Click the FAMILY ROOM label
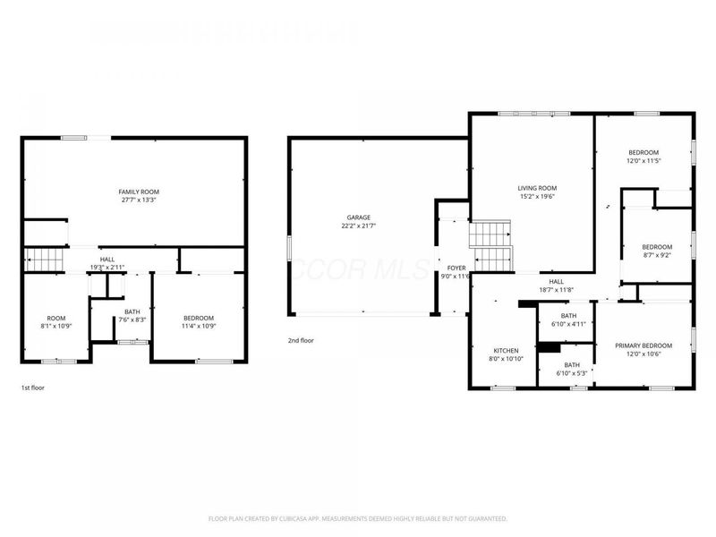click(x=132, y=192)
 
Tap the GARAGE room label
click(x=359, y=217)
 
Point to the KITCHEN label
click(x=507, y=350)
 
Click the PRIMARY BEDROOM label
click(x=643, y=345)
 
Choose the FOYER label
click(x=456, y=268)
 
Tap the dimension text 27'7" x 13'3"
click(x=132, y=200)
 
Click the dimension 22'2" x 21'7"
click(x=359, y=226)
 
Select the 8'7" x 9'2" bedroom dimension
click(x=656, y=255)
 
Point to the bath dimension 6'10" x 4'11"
click(x=568, y=324)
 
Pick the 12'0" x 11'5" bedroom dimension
click(x=643, y=161)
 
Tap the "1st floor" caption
click(x=33, y=388)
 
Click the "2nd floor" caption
click(x=301, y=340)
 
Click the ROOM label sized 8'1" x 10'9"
click(x=56, y=318)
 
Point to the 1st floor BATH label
click(x=132, y=311)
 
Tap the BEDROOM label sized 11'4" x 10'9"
click(x=199, y=318)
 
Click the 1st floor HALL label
click(x=107, y=260)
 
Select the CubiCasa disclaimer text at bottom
click(x=358, y=518)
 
